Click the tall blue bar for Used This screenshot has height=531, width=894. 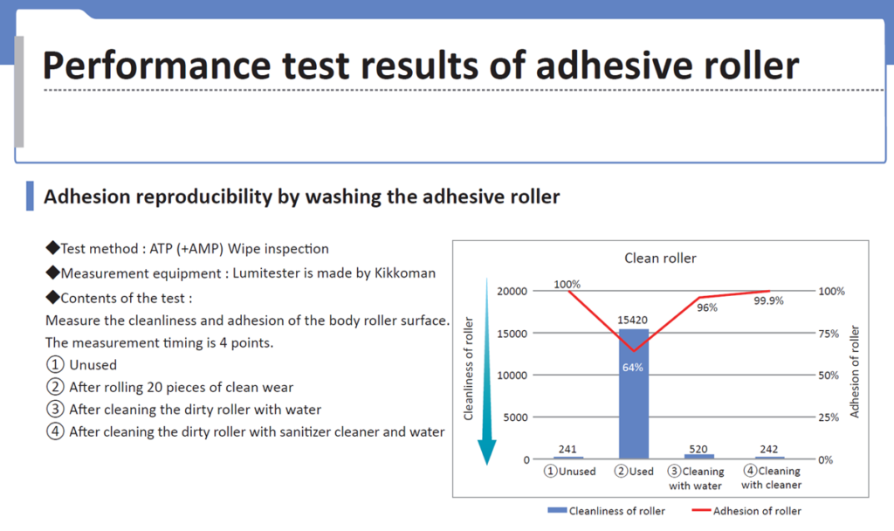coord(634,394)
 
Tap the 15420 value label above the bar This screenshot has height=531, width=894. coord(632,320)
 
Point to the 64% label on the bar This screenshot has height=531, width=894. coord(632,368)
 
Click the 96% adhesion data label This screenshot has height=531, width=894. coord(707,307)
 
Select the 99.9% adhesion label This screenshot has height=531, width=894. coord(768,300)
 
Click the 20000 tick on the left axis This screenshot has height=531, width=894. coord(512,291)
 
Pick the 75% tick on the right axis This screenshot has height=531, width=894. coord(829,333)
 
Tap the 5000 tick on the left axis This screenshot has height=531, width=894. coord(515,417)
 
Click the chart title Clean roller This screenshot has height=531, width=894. coord(660,259)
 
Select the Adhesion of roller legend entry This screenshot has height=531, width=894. coord(746,511)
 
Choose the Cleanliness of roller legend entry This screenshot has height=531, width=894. coord(606,511)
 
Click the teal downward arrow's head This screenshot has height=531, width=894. coord(486,452)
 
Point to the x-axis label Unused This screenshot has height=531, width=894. coord(569,471)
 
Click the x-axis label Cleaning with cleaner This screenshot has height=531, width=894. coord(772,478)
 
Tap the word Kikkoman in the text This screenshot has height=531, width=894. coord(405,273)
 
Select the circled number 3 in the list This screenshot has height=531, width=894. coord(55,409)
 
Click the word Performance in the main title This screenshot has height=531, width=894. coord(156,66)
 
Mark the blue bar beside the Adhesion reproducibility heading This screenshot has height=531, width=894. coord(30,197)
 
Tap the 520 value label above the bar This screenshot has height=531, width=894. coord(698,449)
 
